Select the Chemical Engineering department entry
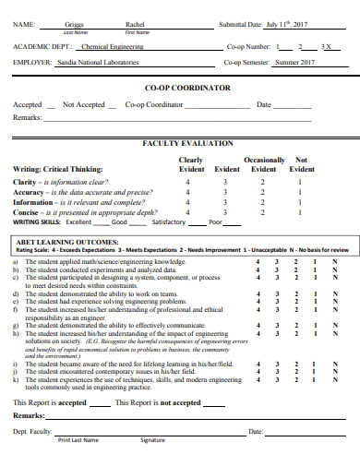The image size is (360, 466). [112, 44]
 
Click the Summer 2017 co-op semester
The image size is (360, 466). [294, 62]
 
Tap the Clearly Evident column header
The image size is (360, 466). [191, 164]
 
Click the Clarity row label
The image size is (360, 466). [26, 182]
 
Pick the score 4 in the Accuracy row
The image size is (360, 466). [187, 192]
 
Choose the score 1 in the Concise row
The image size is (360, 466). [300, 212]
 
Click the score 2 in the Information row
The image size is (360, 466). [262, 202]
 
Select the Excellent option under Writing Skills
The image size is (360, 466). [79, 222]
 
